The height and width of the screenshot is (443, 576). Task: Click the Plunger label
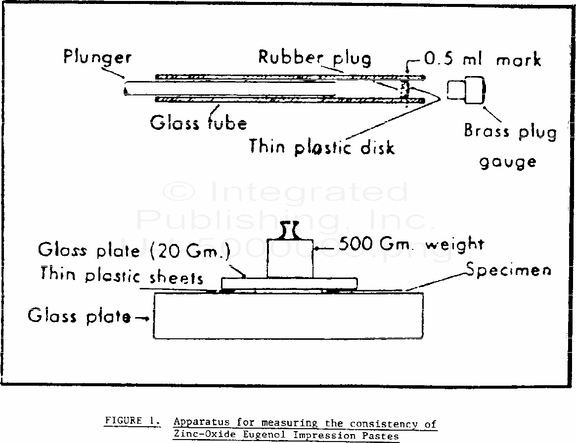coord(97,57)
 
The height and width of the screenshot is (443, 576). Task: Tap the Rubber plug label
coord(314,58)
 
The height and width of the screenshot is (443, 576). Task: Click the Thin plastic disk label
coord(321,147)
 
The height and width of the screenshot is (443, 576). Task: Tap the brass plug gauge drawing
coord(466,90)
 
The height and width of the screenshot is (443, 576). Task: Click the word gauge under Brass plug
coord(508,162)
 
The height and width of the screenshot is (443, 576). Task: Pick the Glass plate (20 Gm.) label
coord(134,250)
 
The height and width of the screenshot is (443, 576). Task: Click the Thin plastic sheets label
coord(122,275)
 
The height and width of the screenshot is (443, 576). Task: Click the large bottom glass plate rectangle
coord(288,316)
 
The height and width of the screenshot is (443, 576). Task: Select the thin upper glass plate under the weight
coord(289,283)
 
